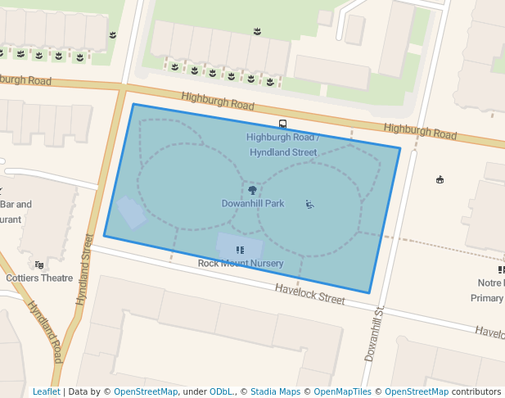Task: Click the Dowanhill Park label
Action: point(253,203)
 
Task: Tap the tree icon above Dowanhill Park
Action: point(252,189)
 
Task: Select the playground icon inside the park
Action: point(309,204)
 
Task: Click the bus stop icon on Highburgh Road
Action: point(282,124)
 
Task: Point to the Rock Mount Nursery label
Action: point(241,263)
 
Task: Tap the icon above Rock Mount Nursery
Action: point(240,250)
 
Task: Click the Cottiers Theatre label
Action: point(39,278)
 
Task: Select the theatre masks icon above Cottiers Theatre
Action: point(39,265)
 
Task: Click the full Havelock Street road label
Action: point(309,294)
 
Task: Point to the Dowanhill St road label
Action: point(373,335)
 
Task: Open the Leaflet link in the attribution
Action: point(46,391)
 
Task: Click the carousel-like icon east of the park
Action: point(440,179)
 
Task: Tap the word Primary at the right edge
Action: point(487,298)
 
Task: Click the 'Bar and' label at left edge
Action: point(16,205)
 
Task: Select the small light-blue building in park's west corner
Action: point(131,212)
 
